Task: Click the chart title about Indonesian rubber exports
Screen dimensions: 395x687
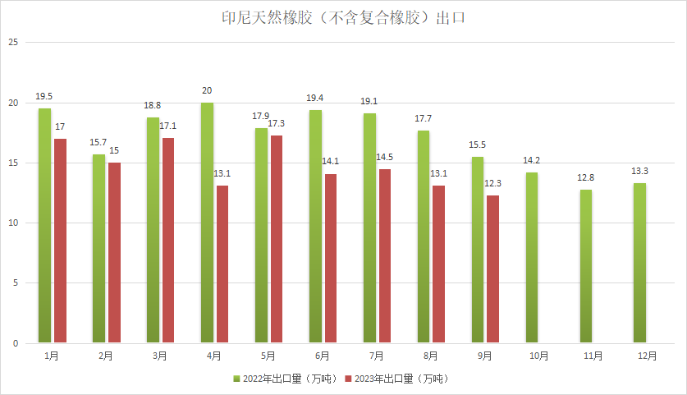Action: [343, 17]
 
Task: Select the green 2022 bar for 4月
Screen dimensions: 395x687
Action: [207, 223]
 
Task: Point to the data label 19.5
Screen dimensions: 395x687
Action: [44, 97]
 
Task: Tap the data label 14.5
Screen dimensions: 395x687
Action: [385, 157]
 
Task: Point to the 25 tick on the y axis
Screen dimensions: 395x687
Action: [12, 43]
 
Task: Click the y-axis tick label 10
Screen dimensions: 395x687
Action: [12, 223]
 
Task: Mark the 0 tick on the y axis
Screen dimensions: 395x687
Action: [15, 343]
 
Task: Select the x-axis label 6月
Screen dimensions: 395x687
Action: [323, 356]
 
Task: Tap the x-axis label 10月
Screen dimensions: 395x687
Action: [538, 356]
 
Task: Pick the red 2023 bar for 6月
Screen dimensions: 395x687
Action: [330, 259]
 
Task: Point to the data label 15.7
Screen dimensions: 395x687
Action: [98, 143]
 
